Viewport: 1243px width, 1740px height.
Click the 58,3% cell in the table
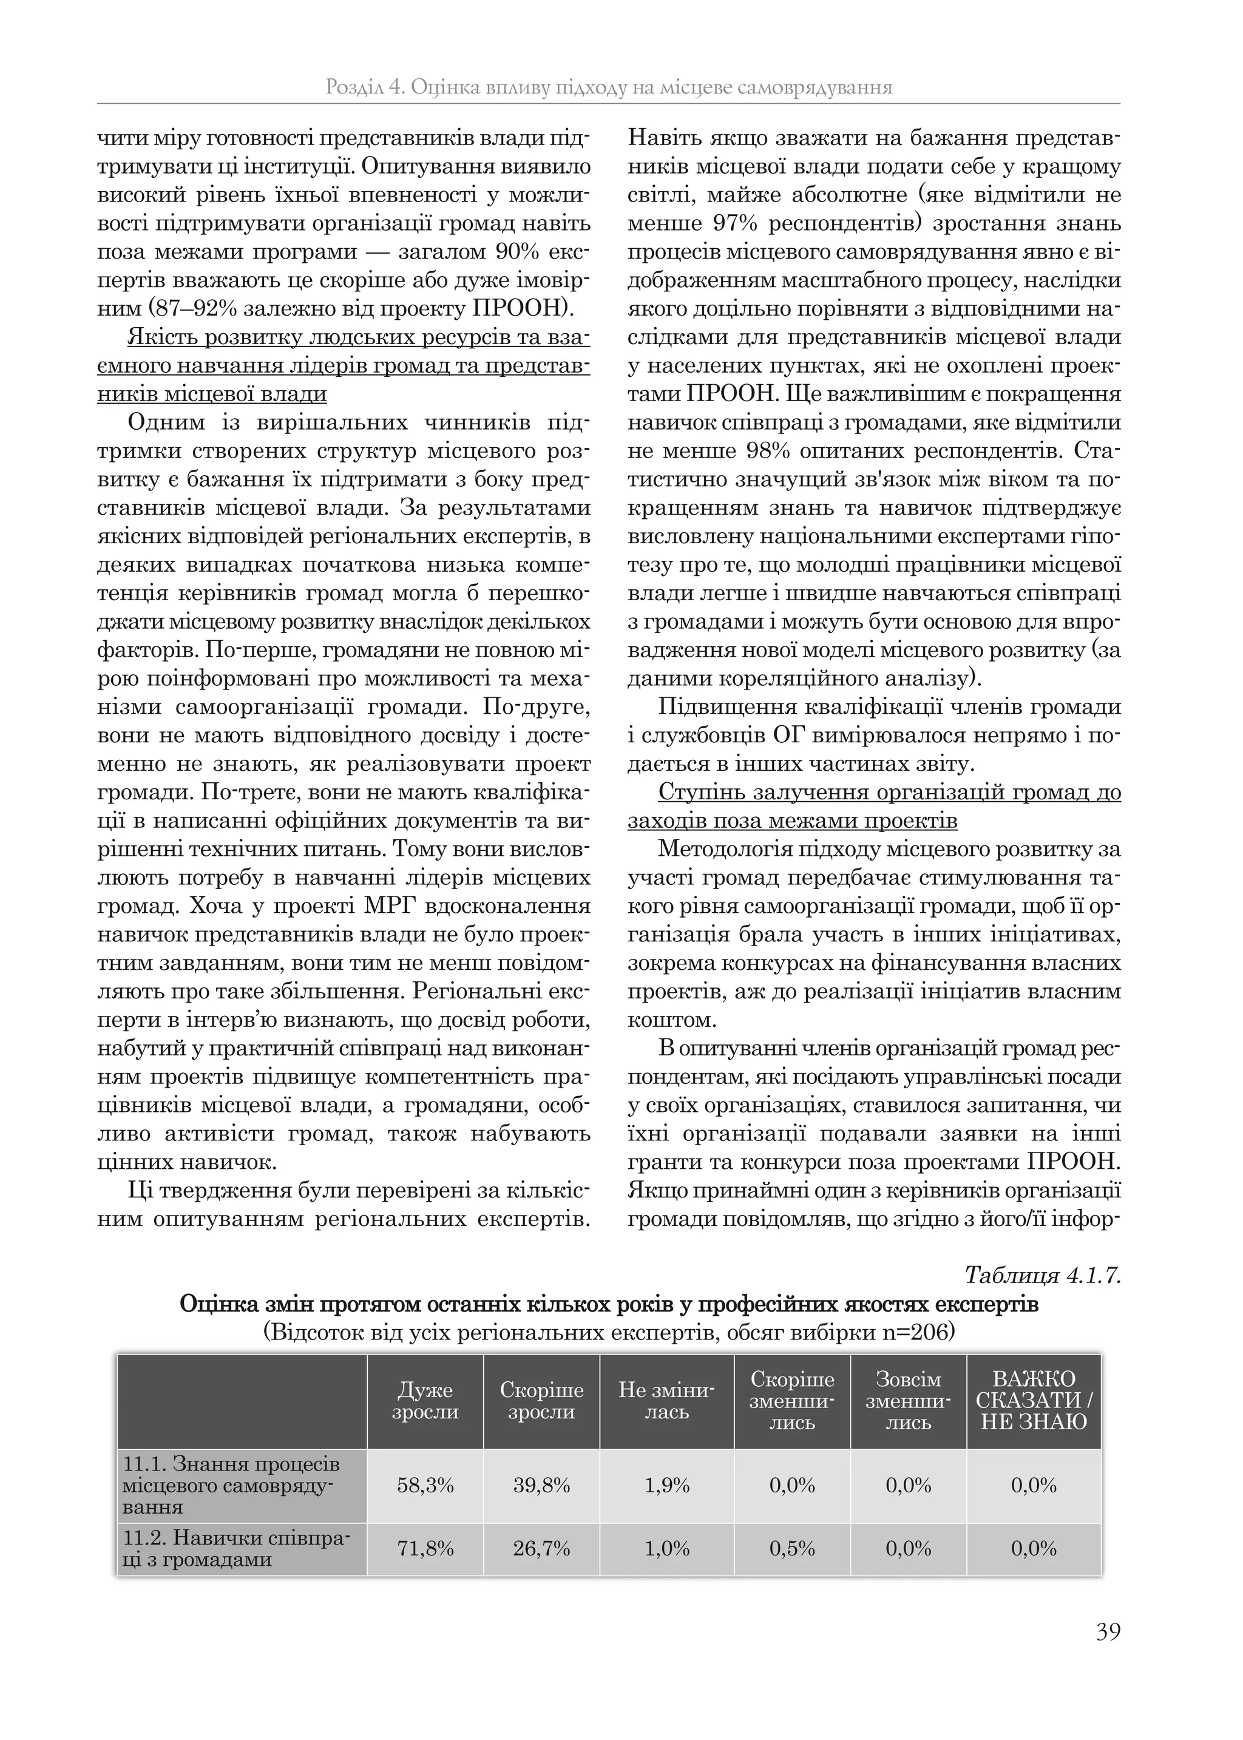[425, 1485]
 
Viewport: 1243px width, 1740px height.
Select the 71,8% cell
[425, 1549]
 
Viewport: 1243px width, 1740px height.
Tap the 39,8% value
[541, 1485]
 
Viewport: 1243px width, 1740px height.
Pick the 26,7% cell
[541, 1549]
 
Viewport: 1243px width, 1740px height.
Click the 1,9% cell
[666, 1485]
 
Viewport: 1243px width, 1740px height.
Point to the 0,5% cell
[791, 1549]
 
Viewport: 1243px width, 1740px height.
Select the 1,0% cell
[666, 1549]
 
